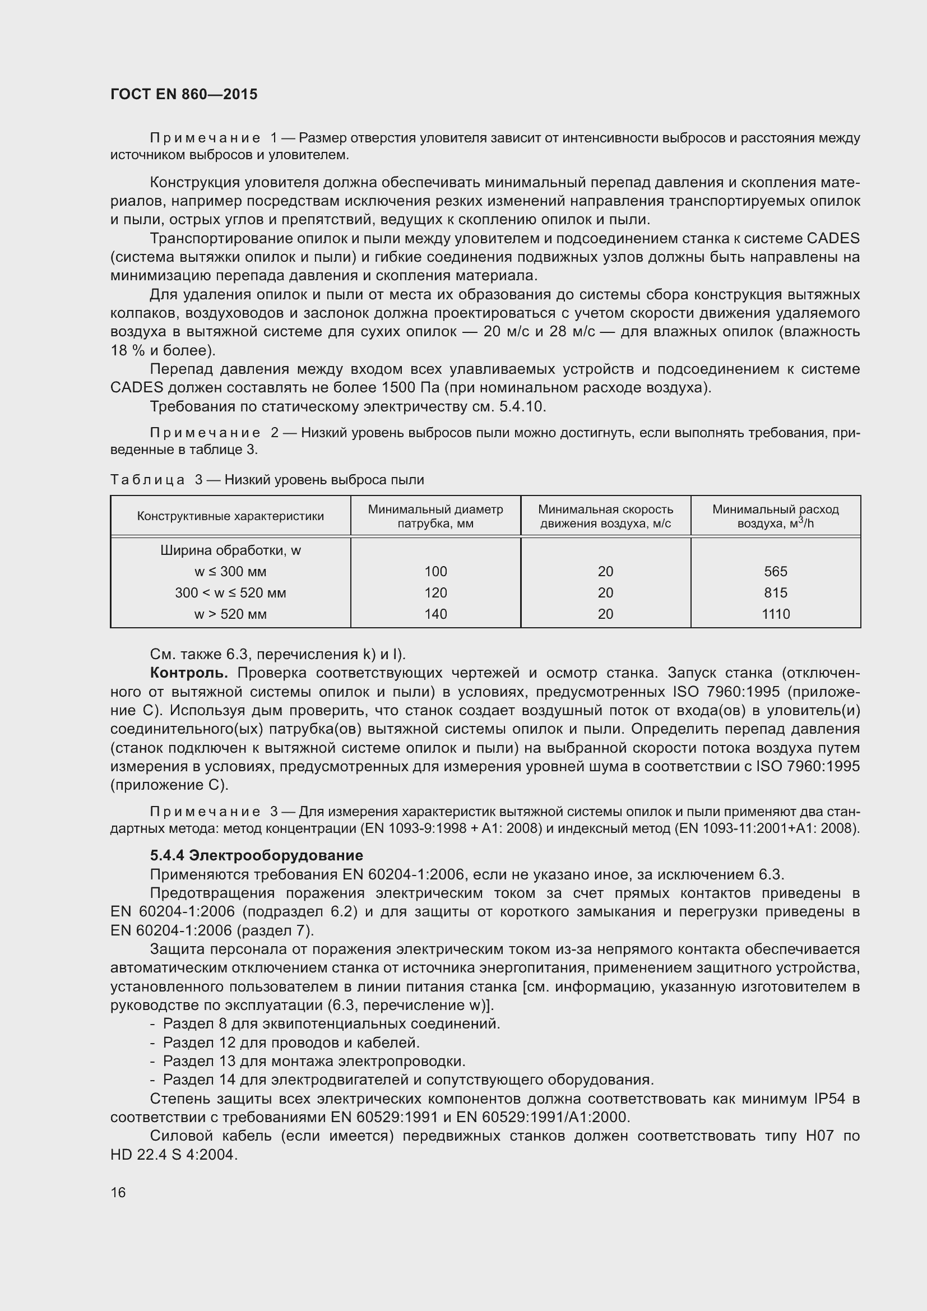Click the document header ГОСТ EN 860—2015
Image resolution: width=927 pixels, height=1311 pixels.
tap(184, 94)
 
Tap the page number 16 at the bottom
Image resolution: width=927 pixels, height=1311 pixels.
tap(118, 1192)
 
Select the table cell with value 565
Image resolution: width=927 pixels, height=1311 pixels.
tap(775, 572)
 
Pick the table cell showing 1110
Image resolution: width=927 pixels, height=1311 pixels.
tap(775, 614)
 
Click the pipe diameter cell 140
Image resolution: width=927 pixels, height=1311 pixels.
tap(435, 614)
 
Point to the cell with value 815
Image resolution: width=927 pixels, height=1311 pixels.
tap(775, 592)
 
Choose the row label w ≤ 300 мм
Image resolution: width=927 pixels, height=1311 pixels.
tap(230, 572)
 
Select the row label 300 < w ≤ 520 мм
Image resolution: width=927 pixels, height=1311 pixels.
tap(230, 592)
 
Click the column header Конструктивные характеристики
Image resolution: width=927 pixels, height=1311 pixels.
tap(230, 516)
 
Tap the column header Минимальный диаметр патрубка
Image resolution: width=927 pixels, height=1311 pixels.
tap(435, 516)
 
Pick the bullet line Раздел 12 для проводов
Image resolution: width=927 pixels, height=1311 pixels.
tap(291, 1043)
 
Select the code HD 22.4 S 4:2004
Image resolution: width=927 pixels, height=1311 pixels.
tap(174, 1155)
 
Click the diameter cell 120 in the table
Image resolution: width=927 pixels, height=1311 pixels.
tap(435, 592)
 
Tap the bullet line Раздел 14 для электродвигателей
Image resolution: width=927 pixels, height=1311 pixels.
tap(407, 1080)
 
